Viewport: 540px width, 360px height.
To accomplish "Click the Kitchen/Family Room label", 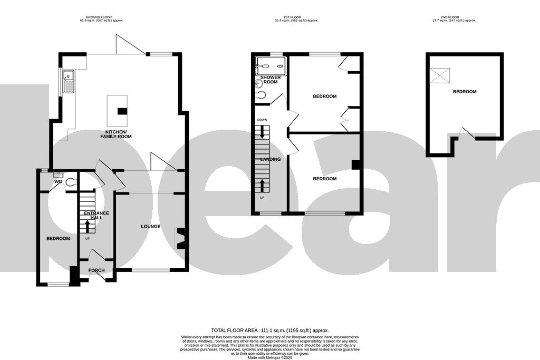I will click(x=119, y=134).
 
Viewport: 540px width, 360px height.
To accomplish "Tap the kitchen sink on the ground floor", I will click(x=69, y=82).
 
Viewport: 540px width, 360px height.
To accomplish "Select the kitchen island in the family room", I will click(x=117, y=109).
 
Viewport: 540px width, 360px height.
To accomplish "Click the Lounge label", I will click(x=150, y=227).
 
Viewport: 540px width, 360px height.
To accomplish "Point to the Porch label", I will click(x=97, y=270).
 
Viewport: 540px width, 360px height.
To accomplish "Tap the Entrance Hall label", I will click(x=97, y=216).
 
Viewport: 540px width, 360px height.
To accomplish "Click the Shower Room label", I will click(x=271, y=80).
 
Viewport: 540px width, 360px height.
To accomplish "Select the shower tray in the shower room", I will click(x=270, y=66).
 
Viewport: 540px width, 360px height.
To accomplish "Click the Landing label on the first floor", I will click(x=270, y=159).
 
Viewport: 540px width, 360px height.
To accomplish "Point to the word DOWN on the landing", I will click(x=262, y=120).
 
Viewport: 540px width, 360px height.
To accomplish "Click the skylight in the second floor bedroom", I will click(x=441, y=76).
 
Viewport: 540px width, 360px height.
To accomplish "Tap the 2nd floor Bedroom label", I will click(x=465, y=92).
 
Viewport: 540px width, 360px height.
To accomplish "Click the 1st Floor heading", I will click(x=296, y=19).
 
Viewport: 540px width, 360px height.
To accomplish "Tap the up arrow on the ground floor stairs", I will click(x=88, y=227).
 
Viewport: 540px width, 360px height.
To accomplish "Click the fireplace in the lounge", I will click(x=180, y=237).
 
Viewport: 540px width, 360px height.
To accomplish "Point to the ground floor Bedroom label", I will click(x=58, y=239).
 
